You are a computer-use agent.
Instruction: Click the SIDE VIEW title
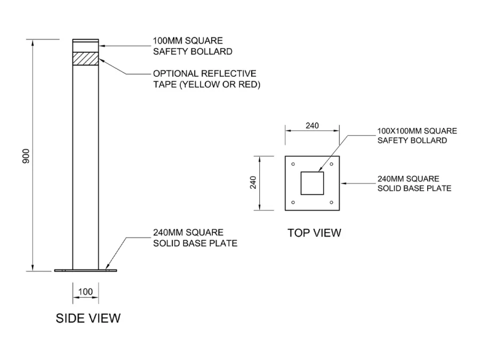coord(88,318)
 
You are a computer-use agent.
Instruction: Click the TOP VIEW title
coord(314,233)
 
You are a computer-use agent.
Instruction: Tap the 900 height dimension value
coord(26,155)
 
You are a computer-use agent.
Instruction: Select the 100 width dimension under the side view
coord(85,291)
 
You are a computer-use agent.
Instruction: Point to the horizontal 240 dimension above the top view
coord(312,126)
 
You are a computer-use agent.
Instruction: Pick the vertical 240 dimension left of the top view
coord(253,182)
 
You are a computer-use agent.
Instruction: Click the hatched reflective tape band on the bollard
coord(85,57)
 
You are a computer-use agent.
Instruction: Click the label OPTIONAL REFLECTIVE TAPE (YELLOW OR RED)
coord(206,79)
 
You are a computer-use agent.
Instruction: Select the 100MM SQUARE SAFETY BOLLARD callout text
coord(193,46)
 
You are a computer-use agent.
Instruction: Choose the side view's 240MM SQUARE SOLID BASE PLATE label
coord(195,238)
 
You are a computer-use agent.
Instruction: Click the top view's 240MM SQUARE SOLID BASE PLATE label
coord(414,183)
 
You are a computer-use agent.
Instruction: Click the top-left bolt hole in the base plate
coord(293,164)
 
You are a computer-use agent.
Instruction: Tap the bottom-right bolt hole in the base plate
coord(332,202)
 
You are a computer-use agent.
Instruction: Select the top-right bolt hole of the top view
coord(332,164)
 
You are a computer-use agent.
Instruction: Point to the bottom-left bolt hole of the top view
coord(293,202)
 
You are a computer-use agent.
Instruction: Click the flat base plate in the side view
coord(85,270)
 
